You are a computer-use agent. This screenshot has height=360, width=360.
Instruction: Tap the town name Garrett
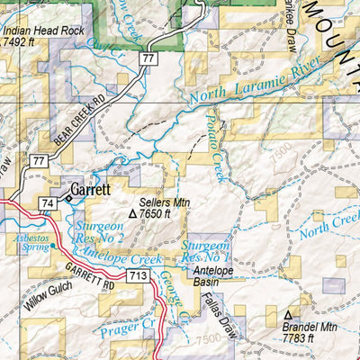pyautogui.click(x=94, y=190)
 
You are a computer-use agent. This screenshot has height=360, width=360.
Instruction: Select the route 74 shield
pyautogui.click(x=48, y=203)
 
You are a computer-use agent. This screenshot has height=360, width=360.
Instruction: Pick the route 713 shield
pyautogui.click(x=138, y=274)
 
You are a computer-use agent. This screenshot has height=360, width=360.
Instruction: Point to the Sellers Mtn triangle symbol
pyautogui.click(x=133, y=215)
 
